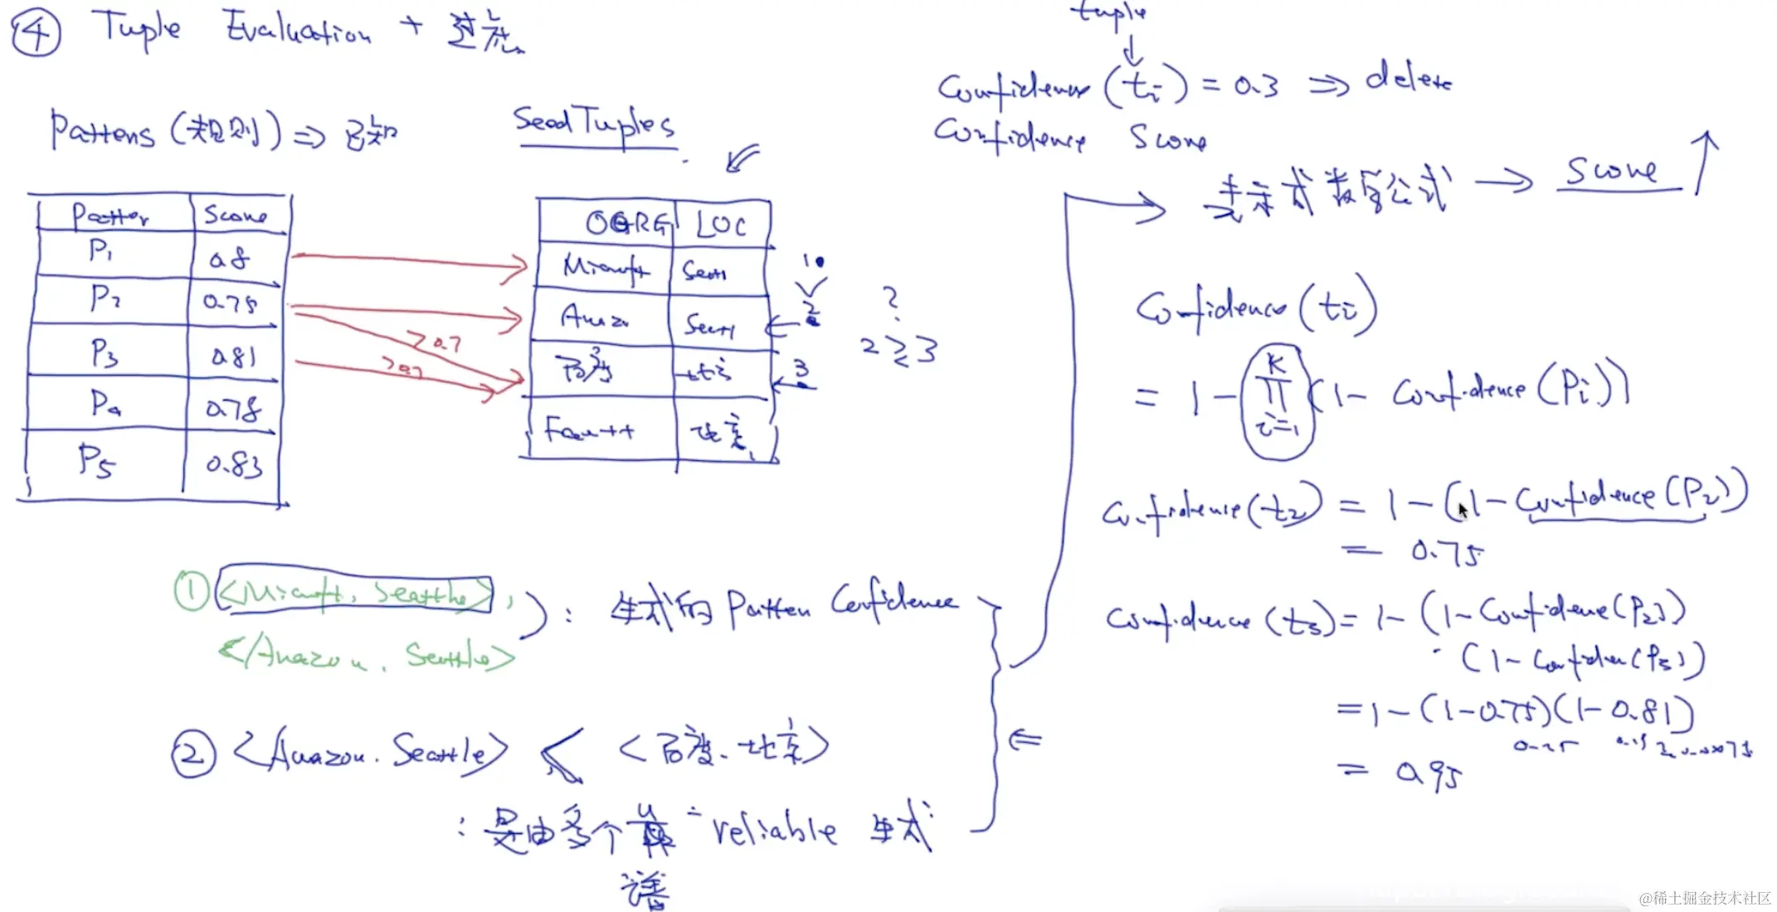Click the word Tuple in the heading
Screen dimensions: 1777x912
(x=137, y=30)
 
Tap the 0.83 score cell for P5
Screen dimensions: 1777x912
(x=234, y=464)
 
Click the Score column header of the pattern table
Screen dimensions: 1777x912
(x=236, y=215)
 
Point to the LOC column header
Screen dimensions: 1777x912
(x=720, y=225)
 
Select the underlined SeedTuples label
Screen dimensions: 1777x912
(x=594, y=124)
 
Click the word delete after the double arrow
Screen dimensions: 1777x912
(x=1409, y=80)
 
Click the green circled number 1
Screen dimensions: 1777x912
(x=192, y=592)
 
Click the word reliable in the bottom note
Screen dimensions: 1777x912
(x=773, y=829)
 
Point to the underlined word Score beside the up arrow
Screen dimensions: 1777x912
(x=1611, y=172)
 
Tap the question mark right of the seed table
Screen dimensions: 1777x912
(x=891, y=300)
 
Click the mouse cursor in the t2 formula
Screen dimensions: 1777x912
(x=1462, y=510)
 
